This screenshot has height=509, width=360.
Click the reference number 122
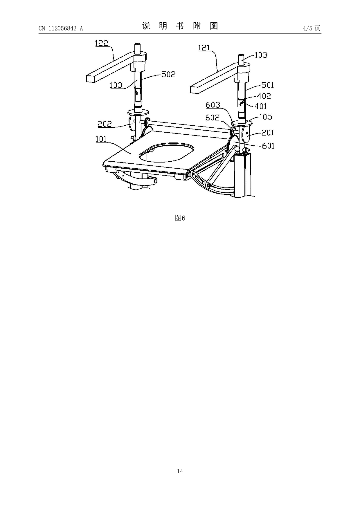[x=101, y=43]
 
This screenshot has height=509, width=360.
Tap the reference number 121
[x=204, y=48]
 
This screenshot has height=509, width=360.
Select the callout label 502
[x=168, y=75]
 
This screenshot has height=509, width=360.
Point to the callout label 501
[x=268, y=85]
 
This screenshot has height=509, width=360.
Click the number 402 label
[x=264, y=96]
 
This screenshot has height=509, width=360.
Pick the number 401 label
[x=260, y=106]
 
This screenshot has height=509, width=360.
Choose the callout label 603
[x=213, y=105]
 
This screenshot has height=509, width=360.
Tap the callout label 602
[x=213, y=118]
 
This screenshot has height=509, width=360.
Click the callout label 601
[x=268, y=146]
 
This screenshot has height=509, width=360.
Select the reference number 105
[x=266, y=117]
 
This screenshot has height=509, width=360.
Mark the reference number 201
[x=268, y=133]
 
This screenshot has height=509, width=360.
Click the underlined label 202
[x=105, y=124]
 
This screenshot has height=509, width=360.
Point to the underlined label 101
[x=101, y=139]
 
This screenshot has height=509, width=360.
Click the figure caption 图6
[x=180, y=218]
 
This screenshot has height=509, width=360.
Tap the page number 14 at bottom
[x=180, y=471]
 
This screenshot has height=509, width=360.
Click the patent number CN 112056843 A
[x=61, y=28]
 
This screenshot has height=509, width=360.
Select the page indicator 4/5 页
[x=311, y=28]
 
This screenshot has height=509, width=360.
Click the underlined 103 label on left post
[x=116, y=85]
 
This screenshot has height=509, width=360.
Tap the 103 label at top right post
[x=261, y=55]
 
